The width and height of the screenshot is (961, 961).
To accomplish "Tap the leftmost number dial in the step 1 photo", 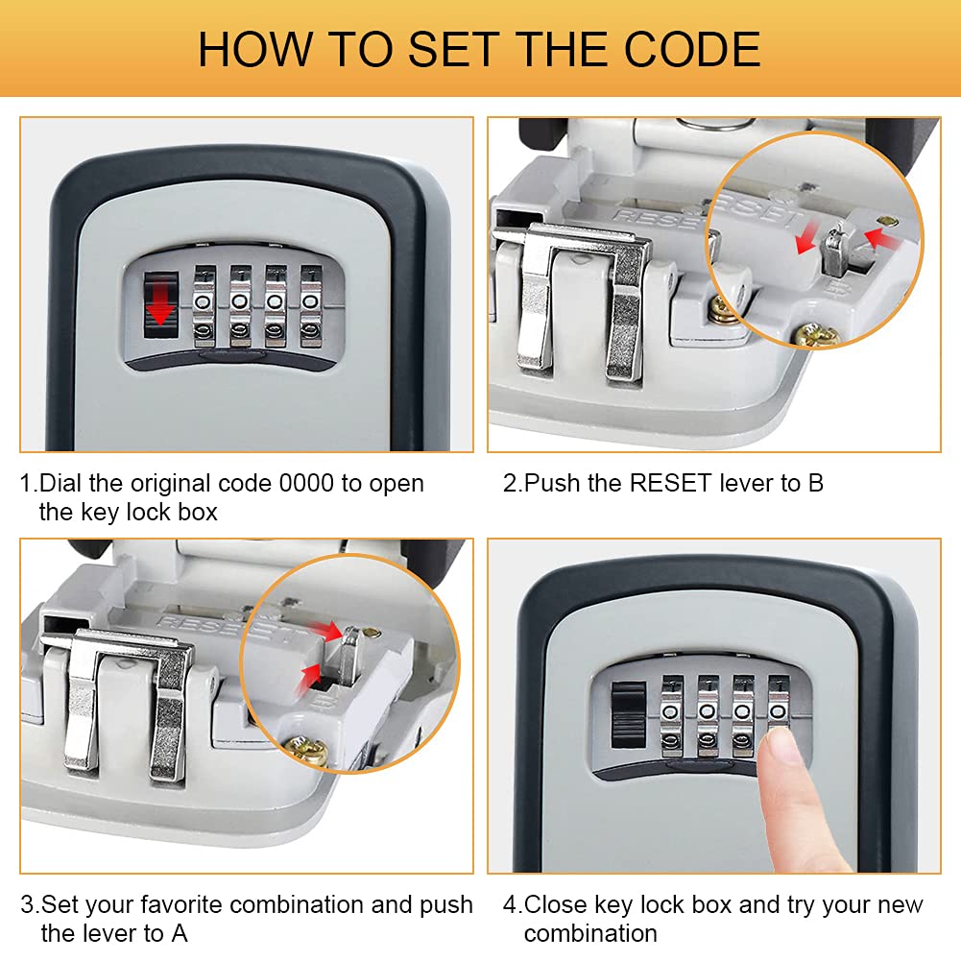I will point(204,304).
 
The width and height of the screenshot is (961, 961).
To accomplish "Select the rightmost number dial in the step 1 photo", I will point(311,304).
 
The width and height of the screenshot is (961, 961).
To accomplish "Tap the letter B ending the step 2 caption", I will point(815,483).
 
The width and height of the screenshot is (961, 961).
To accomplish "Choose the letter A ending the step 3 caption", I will point(180,932).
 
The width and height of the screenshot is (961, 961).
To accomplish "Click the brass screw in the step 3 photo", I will point(310,749).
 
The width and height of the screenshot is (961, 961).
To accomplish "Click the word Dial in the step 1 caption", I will point(60,483).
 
